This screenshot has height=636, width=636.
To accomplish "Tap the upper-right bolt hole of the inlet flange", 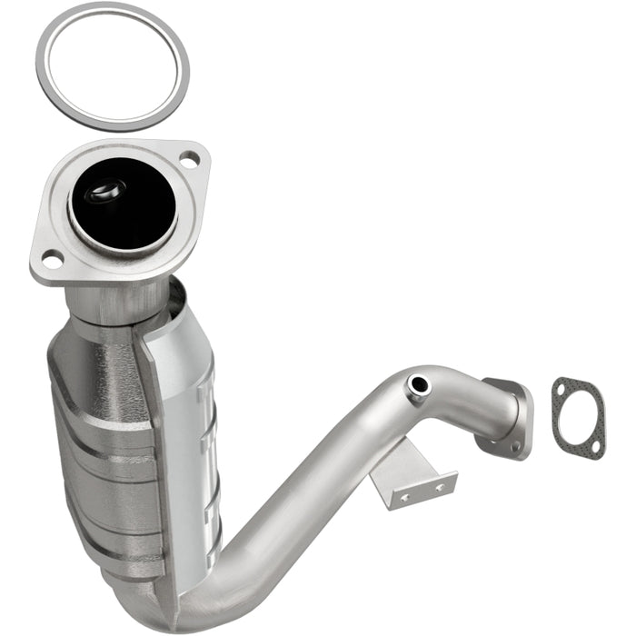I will coord(189,162).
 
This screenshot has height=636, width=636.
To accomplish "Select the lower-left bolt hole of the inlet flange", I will coord(51,262).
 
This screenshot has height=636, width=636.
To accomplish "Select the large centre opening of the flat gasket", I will coord(575,418).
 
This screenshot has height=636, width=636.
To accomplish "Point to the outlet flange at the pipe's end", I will coord(509,413).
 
